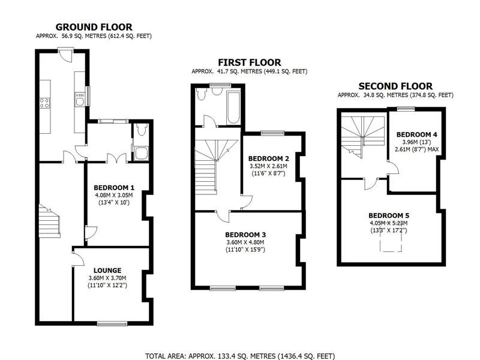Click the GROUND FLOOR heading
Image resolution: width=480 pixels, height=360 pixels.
(94, 26)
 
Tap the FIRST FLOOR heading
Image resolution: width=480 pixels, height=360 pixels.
(249, 62)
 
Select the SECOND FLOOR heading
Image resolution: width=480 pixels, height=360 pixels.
(395, 86)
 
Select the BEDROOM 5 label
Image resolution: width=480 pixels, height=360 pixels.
(388, 215)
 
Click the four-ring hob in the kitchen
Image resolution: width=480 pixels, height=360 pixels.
(44, 103)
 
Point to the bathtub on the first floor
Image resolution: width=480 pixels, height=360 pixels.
(232, 107)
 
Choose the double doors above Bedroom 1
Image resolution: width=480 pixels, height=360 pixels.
(115, 158)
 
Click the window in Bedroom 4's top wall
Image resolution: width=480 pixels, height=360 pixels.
(406, 109)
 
